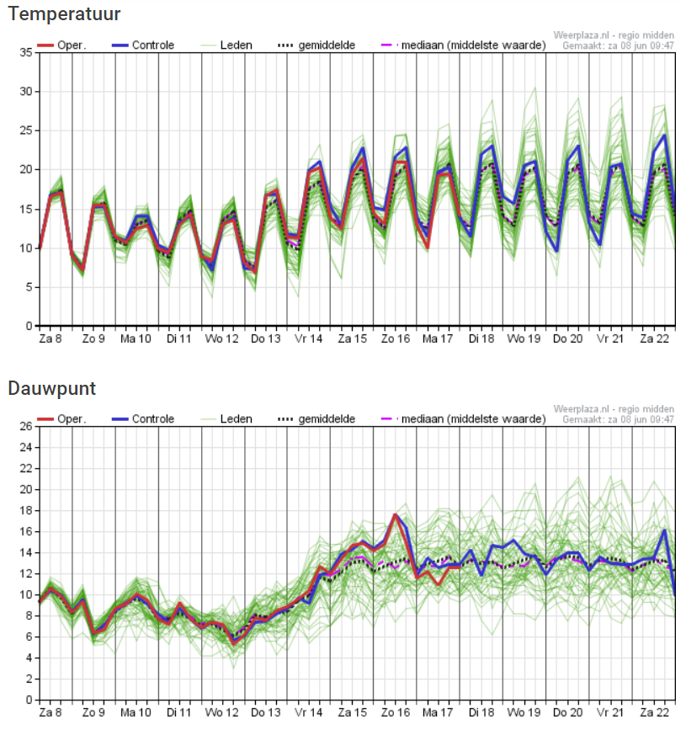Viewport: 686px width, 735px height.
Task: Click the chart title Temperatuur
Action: click(64, 14)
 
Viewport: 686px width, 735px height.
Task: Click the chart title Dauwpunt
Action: click(52, 389)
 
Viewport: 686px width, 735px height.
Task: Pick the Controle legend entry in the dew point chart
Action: click(143, 418)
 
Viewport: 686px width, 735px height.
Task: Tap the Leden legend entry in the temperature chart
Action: click(226, 45)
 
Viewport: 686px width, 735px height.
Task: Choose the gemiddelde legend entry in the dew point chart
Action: click(316, 418)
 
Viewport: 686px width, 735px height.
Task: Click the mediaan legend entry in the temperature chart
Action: click(464, 45)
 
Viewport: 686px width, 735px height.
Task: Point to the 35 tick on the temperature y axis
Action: click(26, 52)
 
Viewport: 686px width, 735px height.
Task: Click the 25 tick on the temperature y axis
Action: click(26, 130)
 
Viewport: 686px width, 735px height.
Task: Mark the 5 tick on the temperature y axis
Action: click(29, 287)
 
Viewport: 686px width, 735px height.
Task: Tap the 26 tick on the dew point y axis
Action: click(26, 426)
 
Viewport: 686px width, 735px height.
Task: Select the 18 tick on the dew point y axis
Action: click(26, 510)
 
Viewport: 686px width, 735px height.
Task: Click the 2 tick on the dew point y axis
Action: click(29, 679)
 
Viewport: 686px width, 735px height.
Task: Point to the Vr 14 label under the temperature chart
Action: click(309, 338)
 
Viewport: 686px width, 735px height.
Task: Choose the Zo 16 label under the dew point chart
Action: click(396, 712)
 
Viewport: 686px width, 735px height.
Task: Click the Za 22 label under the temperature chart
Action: click(655, 338)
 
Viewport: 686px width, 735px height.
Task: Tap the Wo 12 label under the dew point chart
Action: click(221, 712)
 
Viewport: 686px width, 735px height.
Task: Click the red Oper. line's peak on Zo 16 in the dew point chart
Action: click(396, 514)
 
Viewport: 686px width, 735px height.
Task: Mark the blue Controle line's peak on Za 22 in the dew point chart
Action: click(664, 530)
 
